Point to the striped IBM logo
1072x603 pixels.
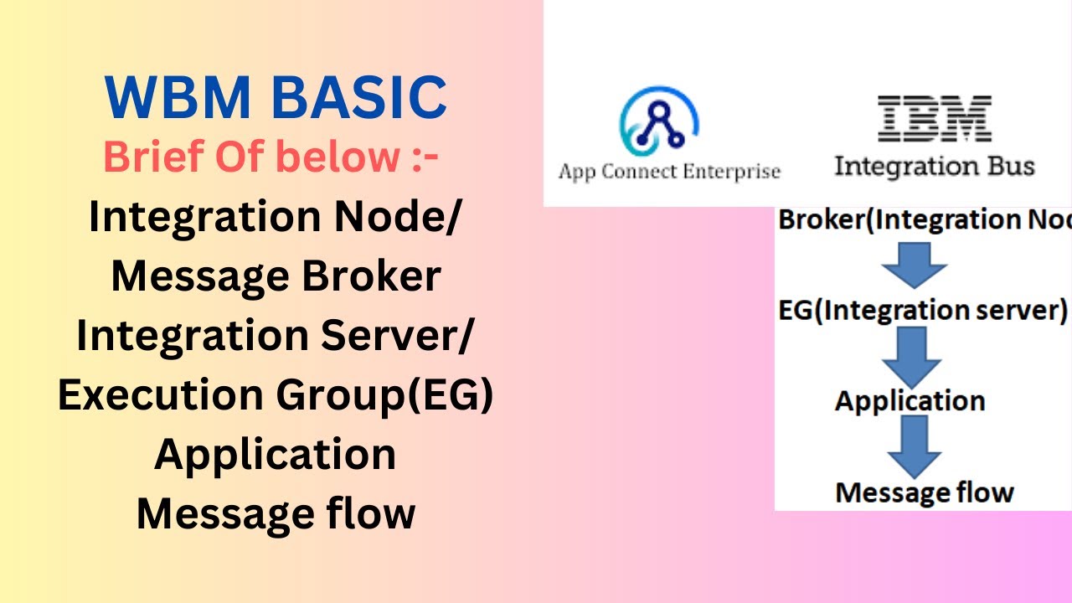934,119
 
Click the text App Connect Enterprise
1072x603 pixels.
668,172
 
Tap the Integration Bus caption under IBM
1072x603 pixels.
934,166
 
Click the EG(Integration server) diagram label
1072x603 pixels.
922,311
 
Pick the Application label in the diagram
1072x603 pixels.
910,400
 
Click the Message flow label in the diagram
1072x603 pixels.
925,492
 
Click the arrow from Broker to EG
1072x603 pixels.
914,265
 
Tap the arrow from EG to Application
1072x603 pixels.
912,356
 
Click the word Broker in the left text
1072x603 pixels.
371,276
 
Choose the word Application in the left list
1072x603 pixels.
276,454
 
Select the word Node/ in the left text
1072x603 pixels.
408,217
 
